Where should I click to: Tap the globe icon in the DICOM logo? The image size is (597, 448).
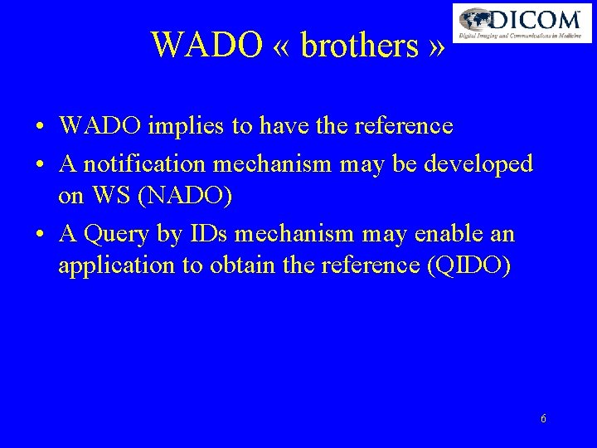[476, 20]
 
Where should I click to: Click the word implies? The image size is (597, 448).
[177, 126]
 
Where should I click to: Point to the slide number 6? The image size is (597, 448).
[543, 419]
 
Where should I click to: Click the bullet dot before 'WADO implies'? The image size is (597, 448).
[40, 128]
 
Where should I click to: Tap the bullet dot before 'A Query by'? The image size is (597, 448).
[40, 236]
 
